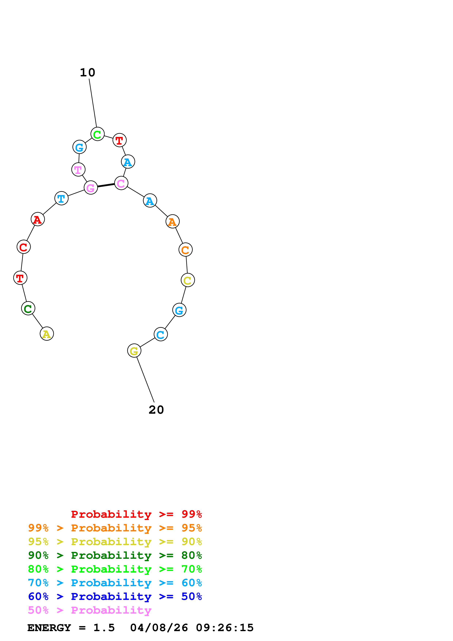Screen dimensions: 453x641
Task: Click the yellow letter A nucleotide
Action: click(x=47, y=334)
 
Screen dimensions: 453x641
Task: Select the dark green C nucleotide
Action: click(x=28, y=308)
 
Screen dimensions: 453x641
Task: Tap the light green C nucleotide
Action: click(x=97, y=134)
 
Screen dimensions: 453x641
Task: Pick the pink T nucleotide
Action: click(x=78, y=169)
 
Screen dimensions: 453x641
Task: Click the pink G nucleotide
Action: click(x=91, y=188)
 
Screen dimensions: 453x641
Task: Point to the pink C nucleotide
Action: click(x=121, y=183)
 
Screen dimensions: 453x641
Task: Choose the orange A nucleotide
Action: click(x=173, y=222)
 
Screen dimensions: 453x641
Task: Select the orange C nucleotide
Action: click(x=186, y=250)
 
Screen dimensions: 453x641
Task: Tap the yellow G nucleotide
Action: click(x=134, y=351)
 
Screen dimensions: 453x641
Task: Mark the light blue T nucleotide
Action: click(x=61, y=198)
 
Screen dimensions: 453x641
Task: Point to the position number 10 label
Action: click(x=88, y=73)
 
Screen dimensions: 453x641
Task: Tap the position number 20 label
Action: click(x=156, y=410)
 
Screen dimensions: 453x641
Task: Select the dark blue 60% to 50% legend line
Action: click(x=115, y=597)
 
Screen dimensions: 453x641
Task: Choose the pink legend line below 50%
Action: click(x=90, y=610)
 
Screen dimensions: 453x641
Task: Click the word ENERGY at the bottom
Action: click(x=49, y=628)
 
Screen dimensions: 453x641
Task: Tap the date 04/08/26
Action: click(x=159, y=628)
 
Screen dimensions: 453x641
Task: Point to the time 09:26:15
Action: click(x=225, y=628)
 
